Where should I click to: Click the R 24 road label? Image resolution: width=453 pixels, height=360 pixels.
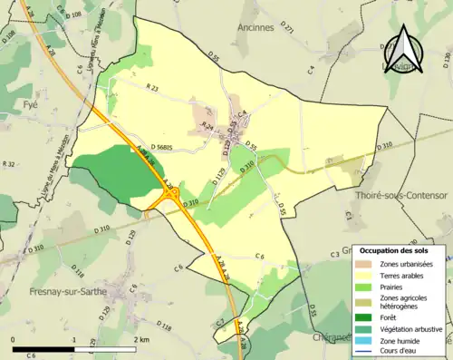tap(207, 125)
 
